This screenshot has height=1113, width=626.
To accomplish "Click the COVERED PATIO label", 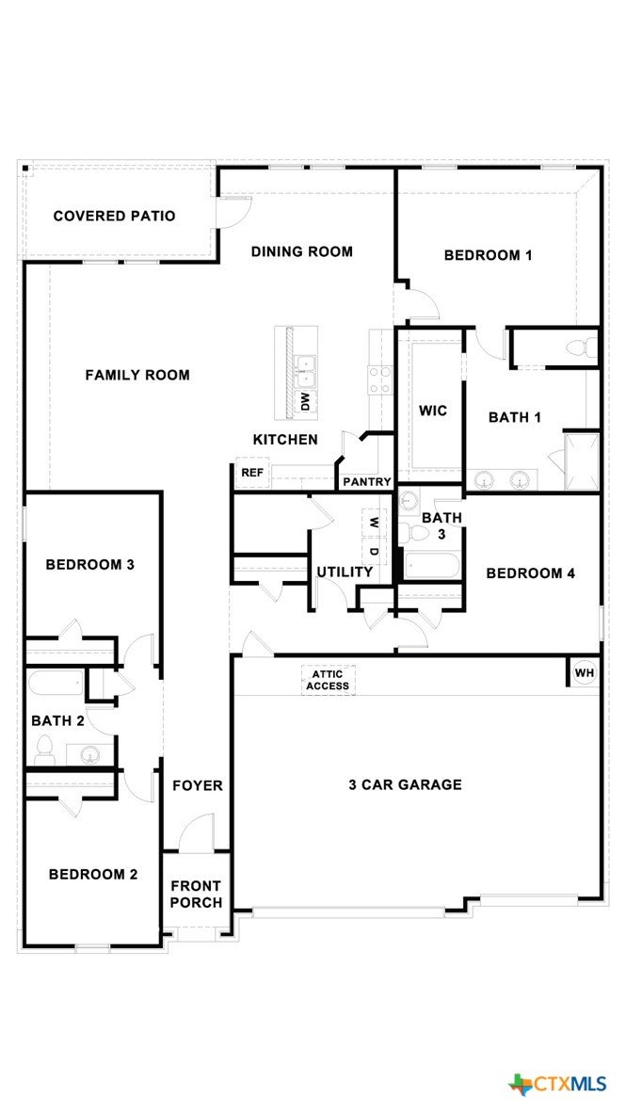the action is (x=114, y=216).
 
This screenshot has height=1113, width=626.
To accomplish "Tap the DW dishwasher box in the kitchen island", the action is (x=305, y=403).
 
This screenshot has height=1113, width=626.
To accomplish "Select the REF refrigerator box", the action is (x=252, y=473).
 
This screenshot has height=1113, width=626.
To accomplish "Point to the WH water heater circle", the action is (x=585, y=672).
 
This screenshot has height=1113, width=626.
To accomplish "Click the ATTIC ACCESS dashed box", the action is (x=328, y=680).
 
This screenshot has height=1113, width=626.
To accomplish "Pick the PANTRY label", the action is (x=367, y=482).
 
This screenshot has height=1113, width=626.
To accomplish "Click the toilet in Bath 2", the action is (x=44, y=750).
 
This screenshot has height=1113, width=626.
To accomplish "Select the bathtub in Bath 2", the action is (x=56, y=687).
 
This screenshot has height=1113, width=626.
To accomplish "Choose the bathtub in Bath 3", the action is (x=432, y=565).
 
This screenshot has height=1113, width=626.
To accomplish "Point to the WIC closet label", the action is (x=432, y=411).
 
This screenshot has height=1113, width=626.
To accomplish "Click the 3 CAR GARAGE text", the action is (x=405, y=784).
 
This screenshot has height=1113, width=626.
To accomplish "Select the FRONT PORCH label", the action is (x=196, y=895).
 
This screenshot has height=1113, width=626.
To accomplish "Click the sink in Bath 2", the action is (x=90, y=753).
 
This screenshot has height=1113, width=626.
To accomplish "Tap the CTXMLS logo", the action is (x=557, y=1083).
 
